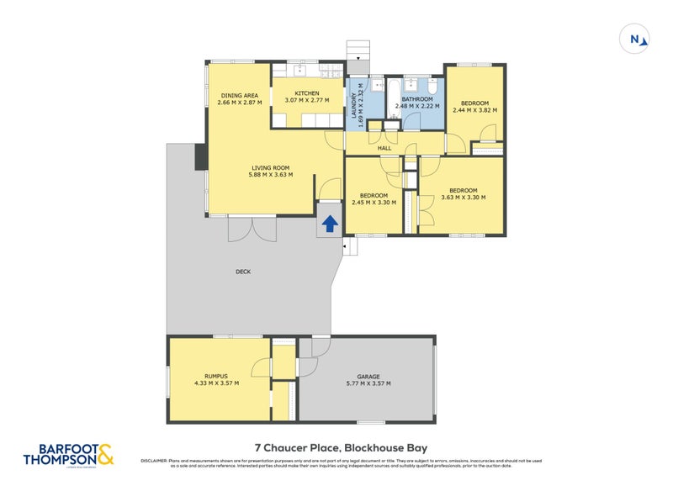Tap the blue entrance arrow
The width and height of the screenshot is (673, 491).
[330, 223]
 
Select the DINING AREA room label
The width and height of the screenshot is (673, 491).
[239, 95]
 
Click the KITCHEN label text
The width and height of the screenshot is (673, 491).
[307, 93]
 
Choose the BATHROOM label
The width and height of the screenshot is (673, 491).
[418, 98]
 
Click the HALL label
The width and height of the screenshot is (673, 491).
[384, 148]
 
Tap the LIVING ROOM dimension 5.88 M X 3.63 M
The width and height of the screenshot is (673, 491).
[271, 175]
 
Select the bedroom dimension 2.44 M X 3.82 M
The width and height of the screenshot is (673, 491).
[474, 109]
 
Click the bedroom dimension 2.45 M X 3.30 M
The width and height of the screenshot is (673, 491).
[375, 203]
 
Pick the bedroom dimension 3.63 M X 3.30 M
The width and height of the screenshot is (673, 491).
[463, 198]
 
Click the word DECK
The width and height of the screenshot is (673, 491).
[244, 272]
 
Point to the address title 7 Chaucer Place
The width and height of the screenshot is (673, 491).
[347, 448]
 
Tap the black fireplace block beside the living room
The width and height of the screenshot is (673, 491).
[200, 157]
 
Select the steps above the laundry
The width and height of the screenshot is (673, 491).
[358, 50]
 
